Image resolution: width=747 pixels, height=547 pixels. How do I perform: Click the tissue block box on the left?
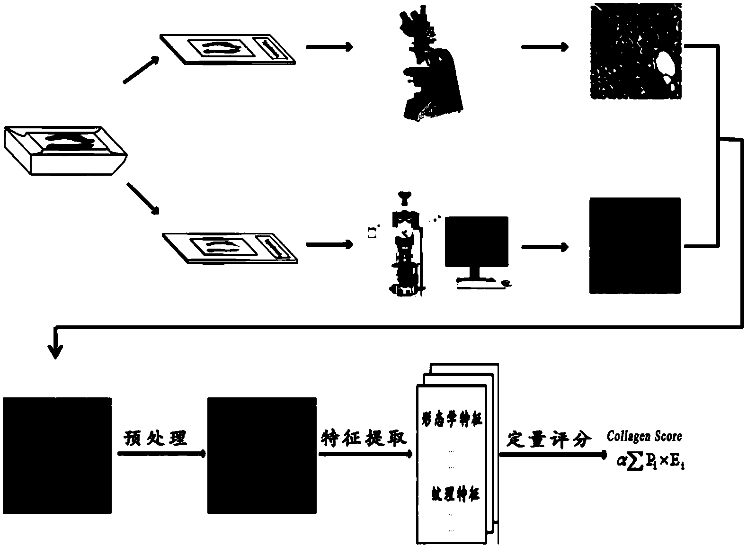tap(65, 151)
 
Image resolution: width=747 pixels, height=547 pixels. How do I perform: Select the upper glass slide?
tap(228, 49)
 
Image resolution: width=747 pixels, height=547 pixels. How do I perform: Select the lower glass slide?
tap(230, 247)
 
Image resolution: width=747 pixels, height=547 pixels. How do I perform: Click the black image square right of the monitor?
tap(635, 246)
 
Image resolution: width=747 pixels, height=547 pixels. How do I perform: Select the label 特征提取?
tap(364, 438)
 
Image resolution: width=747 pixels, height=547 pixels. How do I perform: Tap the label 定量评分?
tap(549, 439)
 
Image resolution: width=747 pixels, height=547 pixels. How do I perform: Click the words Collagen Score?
tap(644, 436)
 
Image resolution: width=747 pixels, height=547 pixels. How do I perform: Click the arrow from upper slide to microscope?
tap(329, 47)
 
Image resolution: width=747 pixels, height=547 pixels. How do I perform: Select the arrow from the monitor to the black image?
tap(544, 247)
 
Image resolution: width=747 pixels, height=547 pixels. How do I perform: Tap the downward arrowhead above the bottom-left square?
tap(56, 351)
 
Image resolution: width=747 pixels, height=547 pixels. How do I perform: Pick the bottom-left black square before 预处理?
tap(57, 455)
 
